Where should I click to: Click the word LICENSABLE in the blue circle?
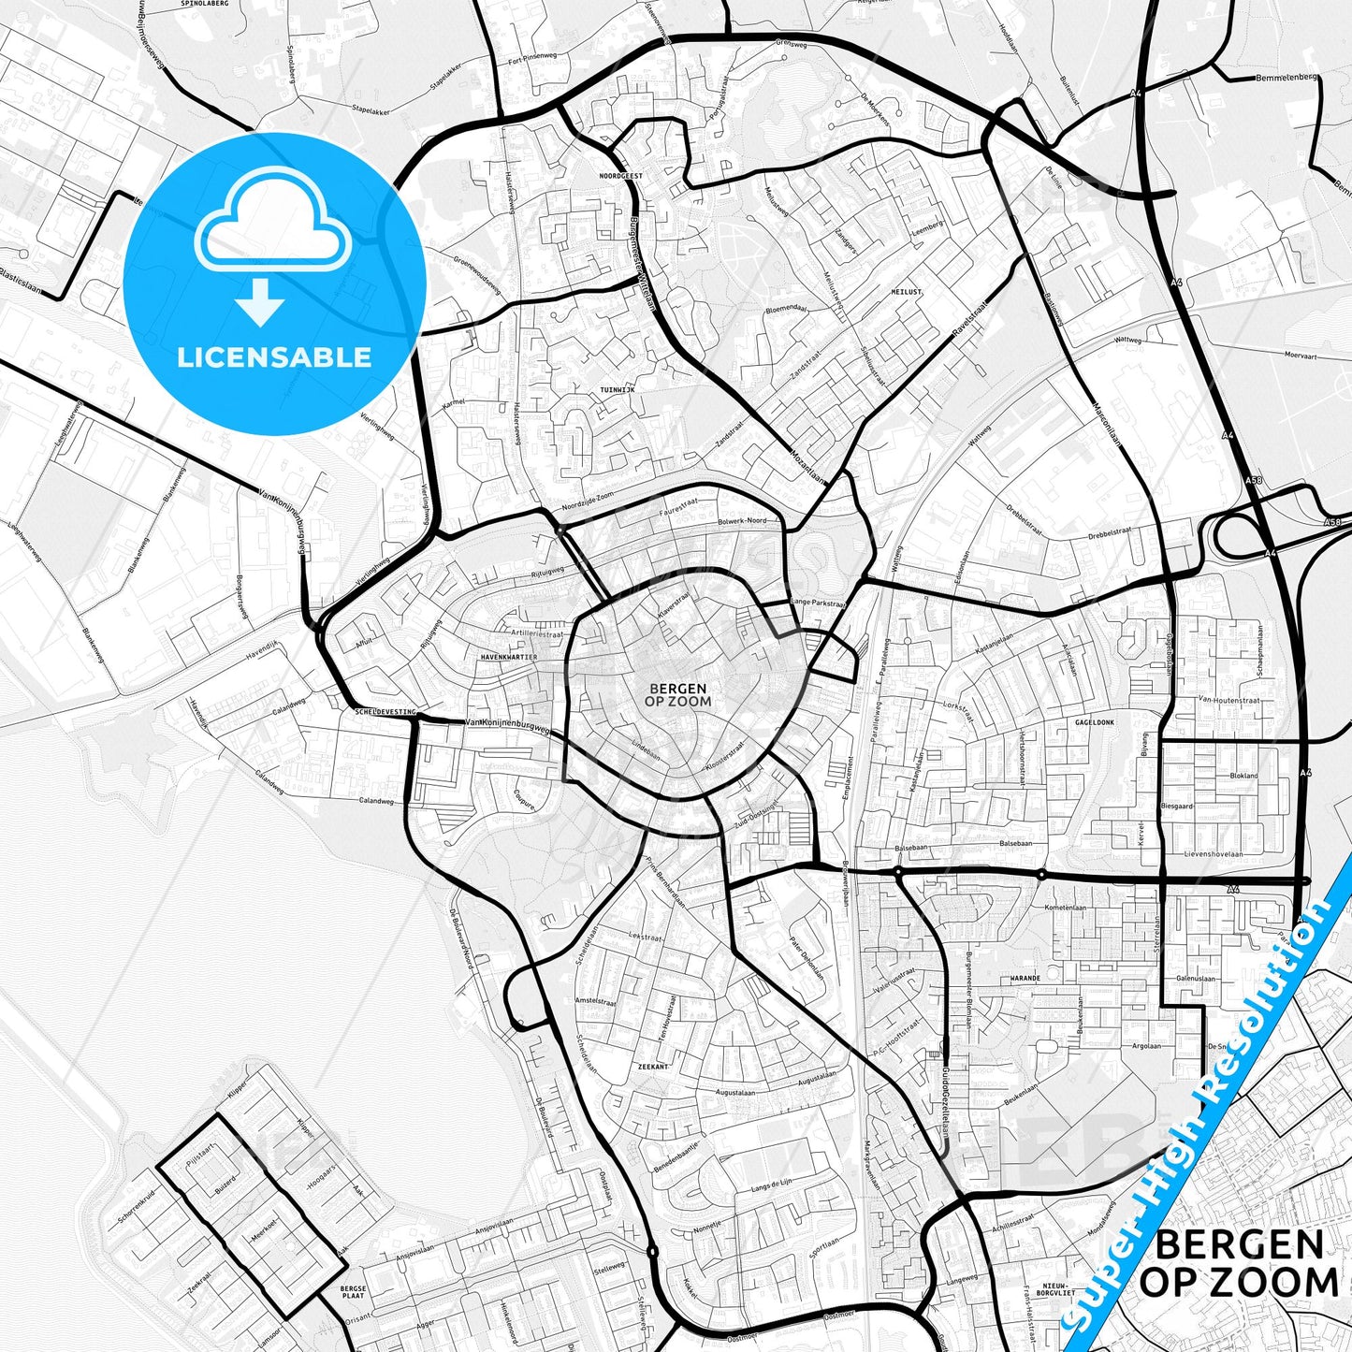click(274, 356)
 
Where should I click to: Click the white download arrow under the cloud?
click(261, 301)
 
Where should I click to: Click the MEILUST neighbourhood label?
click(906, 292)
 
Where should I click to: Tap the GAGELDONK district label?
click(1095, 722)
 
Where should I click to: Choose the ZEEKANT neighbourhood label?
click(653, 1067)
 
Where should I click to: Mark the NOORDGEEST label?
click(621, 175)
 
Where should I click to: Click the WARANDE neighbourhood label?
click(1025, 978)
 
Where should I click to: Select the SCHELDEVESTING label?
click(385, 712)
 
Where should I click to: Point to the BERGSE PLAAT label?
click(353, 1292)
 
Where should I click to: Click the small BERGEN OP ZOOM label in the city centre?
click(678, 694)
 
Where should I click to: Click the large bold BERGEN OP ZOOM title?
click(1239, 1264)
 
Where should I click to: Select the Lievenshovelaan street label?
click(1214, 853)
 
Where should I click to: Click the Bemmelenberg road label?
click(1287, 78)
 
